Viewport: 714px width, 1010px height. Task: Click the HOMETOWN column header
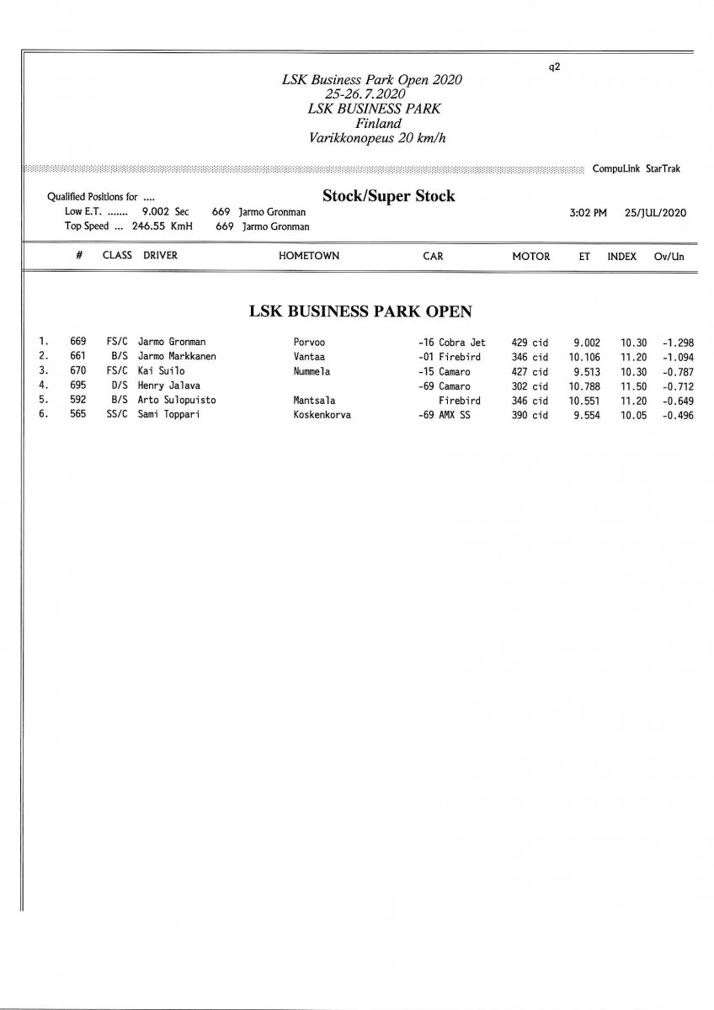click(x=309, y=256)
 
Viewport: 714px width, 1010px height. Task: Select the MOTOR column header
click(x=530, y=256)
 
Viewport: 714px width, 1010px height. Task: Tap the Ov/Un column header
click(x=669, y=256)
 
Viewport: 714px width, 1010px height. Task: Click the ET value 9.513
click(x=586, y=371)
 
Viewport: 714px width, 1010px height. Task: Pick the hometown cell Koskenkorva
click(x=322, y=415)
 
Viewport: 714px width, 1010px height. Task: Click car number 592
click(x=78, y=401)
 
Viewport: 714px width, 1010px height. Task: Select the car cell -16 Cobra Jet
click(x=452, y=343)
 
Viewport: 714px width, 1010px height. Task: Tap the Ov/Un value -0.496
click(x=677, y=415)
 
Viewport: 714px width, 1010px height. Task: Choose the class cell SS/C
click(x=116, y=415)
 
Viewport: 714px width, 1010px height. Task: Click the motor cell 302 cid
click(x=530, y=386)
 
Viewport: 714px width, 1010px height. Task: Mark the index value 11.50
click(x=634, y=386)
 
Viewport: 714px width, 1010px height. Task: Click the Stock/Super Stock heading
click(x=388, y=196)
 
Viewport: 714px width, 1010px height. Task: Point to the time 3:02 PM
click(x=588, y=213)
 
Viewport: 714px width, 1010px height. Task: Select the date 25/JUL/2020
click(x=655, y=213)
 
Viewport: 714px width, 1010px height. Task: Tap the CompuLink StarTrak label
click(x=637, y=169)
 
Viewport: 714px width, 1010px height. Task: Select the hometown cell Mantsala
click(x=314, y=401)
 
